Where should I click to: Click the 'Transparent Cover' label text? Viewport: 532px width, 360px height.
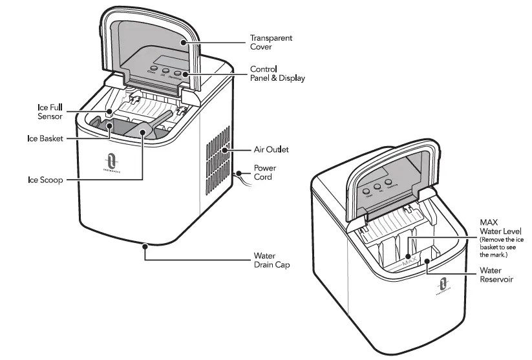271,42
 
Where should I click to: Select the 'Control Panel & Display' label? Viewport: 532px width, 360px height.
277,73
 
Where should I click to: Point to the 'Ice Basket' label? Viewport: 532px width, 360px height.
45,138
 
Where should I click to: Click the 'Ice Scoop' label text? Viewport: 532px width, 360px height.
45,180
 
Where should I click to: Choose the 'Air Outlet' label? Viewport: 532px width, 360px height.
270,149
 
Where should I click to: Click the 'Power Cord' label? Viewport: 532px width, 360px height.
264,173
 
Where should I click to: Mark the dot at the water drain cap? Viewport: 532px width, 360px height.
145,244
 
